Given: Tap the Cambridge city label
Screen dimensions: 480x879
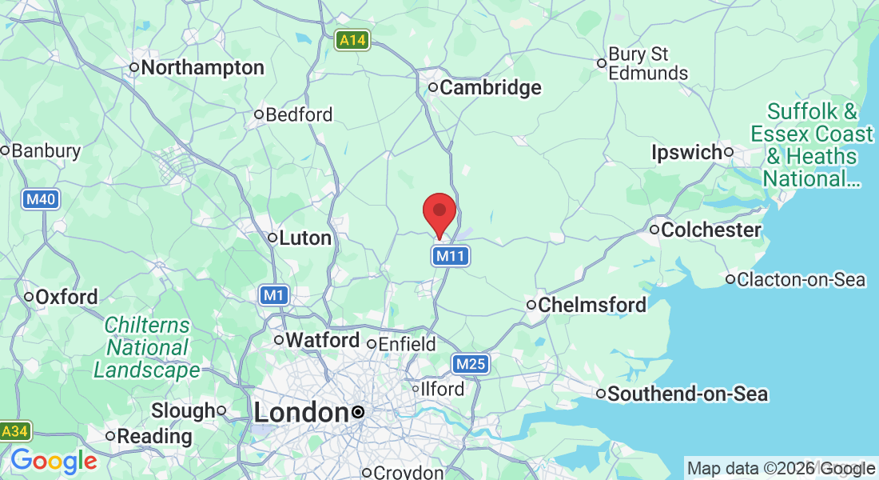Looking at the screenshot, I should click(x=490, y=88).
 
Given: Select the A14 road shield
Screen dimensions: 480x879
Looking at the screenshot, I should click(x=352, y=40).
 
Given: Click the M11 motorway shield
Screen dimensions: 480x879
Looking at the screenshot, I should click(x=451, y=256).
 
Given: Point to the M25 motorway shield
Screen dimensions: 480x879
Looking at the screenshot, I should click(x=470, y=365).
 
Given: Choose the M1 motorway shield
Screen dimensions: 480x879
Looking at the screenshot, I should click(x=274, y=296).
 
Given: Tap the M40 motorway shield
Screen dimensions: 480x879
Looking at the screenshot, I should click(x=40, y=199).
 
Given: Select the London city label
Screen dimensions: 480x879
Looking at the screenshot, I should click(x=296, y=413).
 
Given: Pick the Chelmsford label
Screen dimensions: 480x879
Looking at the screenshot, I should click(x=592, y=305).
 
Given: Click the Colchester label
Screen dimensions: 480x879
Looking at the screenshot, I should click(x=711, y=230).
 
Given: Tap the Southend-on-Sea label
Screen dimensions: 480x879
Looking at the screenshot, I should click(x=687, y=394).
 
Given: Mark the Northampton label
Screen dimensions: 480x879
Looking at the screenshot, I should click(x=202, y=68).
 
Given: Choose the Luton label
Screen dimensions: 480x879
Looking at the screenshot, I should click(x=305, y=238).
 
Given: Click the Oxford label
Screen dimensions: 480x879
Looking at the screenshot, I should click(x=67, y=297).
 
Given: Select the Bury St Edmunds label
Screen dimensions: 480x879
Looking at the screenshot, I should click(x=647, y=64).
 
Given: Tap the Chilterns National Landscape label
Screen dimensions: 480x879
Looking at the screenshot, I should click(x=147, y=348).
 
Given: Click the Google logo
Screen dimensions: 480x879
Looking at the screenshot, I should click(x=54, y=462).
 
